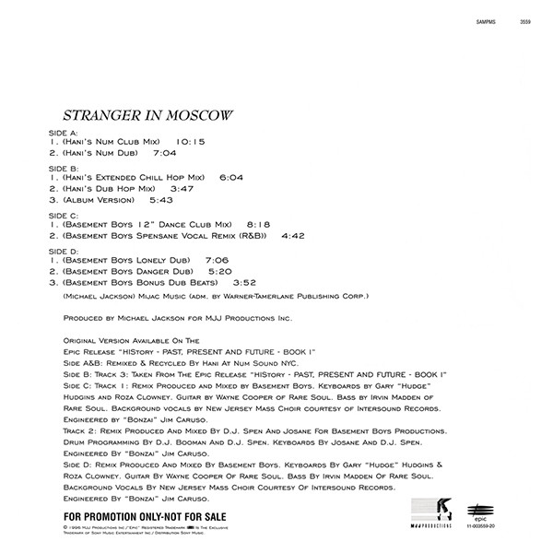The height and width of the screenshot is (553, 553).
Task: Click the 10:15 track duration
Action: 186,142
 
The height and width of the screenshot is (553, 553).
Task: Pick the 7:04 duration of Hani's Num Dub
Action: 163,154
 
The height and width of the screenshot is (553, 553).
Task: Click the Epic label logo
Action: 477,505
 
